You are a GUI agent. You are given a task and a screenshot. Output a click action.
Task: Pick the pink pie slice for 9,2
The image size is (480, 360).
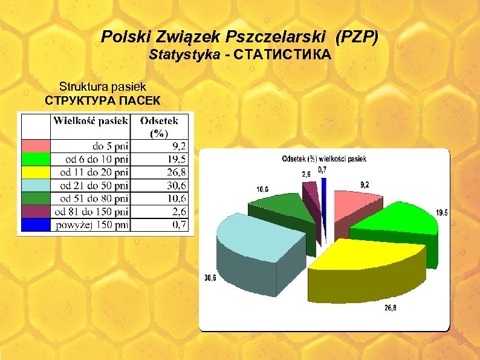(x=351, y=203)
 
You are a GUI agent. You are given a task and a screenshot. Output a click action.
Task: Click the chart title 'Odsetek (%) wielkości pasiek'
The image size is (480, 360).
(x=324, y=159)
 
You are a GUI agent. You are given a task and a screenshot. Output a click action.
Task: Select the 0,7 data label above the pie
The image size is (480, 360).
(x=323, y=170)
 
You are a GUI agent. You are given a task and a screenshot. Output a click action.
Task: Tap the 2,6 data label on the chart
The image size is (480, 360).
(x=306, y=174)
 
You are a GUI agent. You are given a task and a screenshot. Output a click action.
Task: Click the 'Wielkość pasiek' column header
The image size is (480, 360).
(x=91, y=120)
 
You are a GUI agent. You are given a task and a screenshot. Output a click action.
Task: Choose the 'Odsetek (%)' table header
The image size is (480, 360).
(x=159, y=126)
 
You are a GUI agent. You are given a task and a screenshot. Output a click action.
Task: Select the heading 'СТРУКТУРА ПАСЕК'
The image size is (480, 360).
(x=103, y=100)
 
